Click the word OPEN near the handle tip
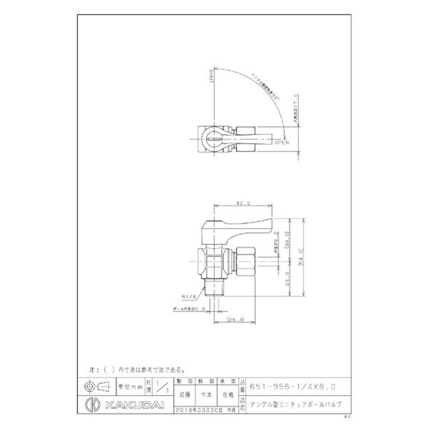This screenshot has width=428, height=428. (x=281, y=143)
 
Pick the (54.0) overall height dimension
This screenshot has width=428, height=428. (x=303, y=257)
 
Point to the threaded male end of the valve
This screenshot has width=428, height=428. (x=213, y=289)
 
